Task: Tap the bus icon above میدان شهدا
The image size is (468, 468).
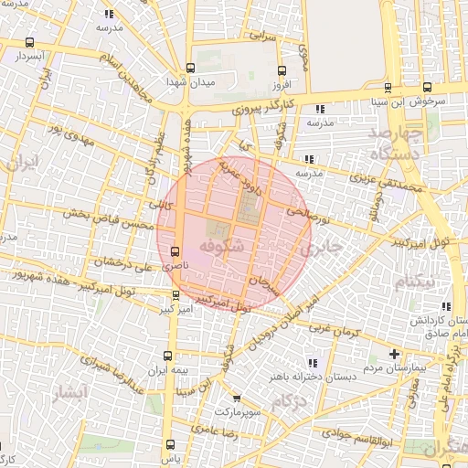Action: pos(190,68)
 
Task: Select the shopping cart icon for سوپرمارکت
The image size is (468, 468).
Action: pos(236,399)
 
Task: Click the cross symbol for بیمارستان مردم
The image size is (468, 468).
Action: pos(394,354)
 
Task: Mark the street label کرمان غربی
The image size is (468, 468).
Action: pos(334,327)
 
